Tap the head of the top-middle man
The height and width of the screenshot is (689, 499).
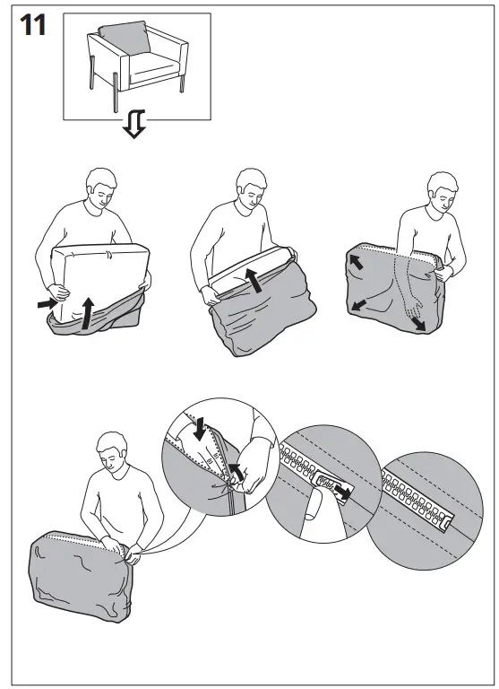[x=254, y=189]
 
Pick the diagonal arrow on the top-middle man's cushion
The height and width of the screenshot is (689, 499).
[x=258, y=280]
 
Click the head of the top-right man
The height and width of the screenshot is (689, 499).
[x=441, y=193]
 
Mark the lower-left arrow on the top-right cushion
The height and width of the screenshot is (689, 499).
[x=359, y=306]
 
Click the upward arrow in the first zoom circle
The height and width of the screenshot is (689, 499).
[x=236, y=473]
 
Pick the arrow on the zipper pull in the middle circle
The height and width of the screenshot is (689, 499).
[x=340, y=491]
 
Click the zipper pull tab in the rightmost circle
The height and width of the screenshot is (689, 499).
[x=443, y=519]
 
